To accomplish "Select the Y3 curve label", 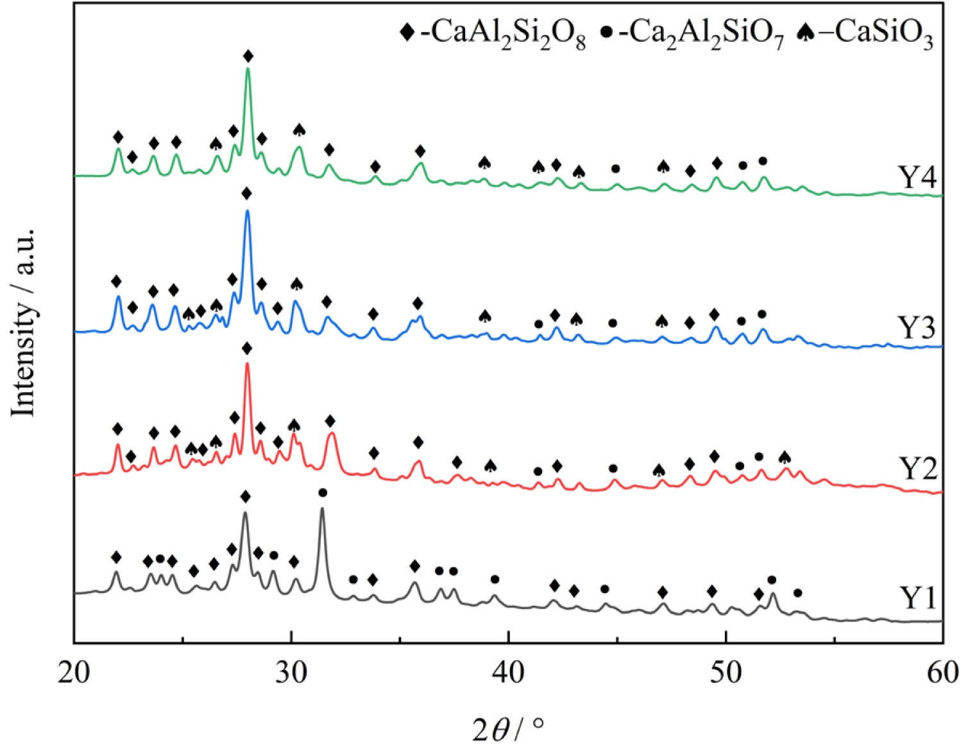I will tap(918, 328).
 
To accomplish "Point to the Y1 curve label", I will tap(918, 598).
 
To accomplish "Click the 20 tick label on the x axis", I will tap(74, 673).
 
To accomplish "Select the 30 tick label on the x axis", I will tap(292, 673).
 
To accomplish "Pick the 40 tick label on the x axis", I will tap(509, 673).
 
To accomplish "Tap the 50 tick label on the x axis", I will tap(726, 673).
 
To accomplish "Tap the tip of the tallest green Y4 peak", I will tap(248, 69).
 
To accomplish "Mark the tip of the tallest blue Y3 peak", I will tap(248, 211).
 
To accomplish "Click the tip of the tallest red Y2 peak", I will tap(247, 364).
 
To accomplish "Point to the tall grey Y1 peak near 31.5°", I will tap(322, 508).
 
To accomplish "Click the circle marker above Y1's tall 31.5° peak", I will tap(323, 492).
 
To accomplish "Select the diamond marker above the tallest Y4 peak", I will tap(248, 56).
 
